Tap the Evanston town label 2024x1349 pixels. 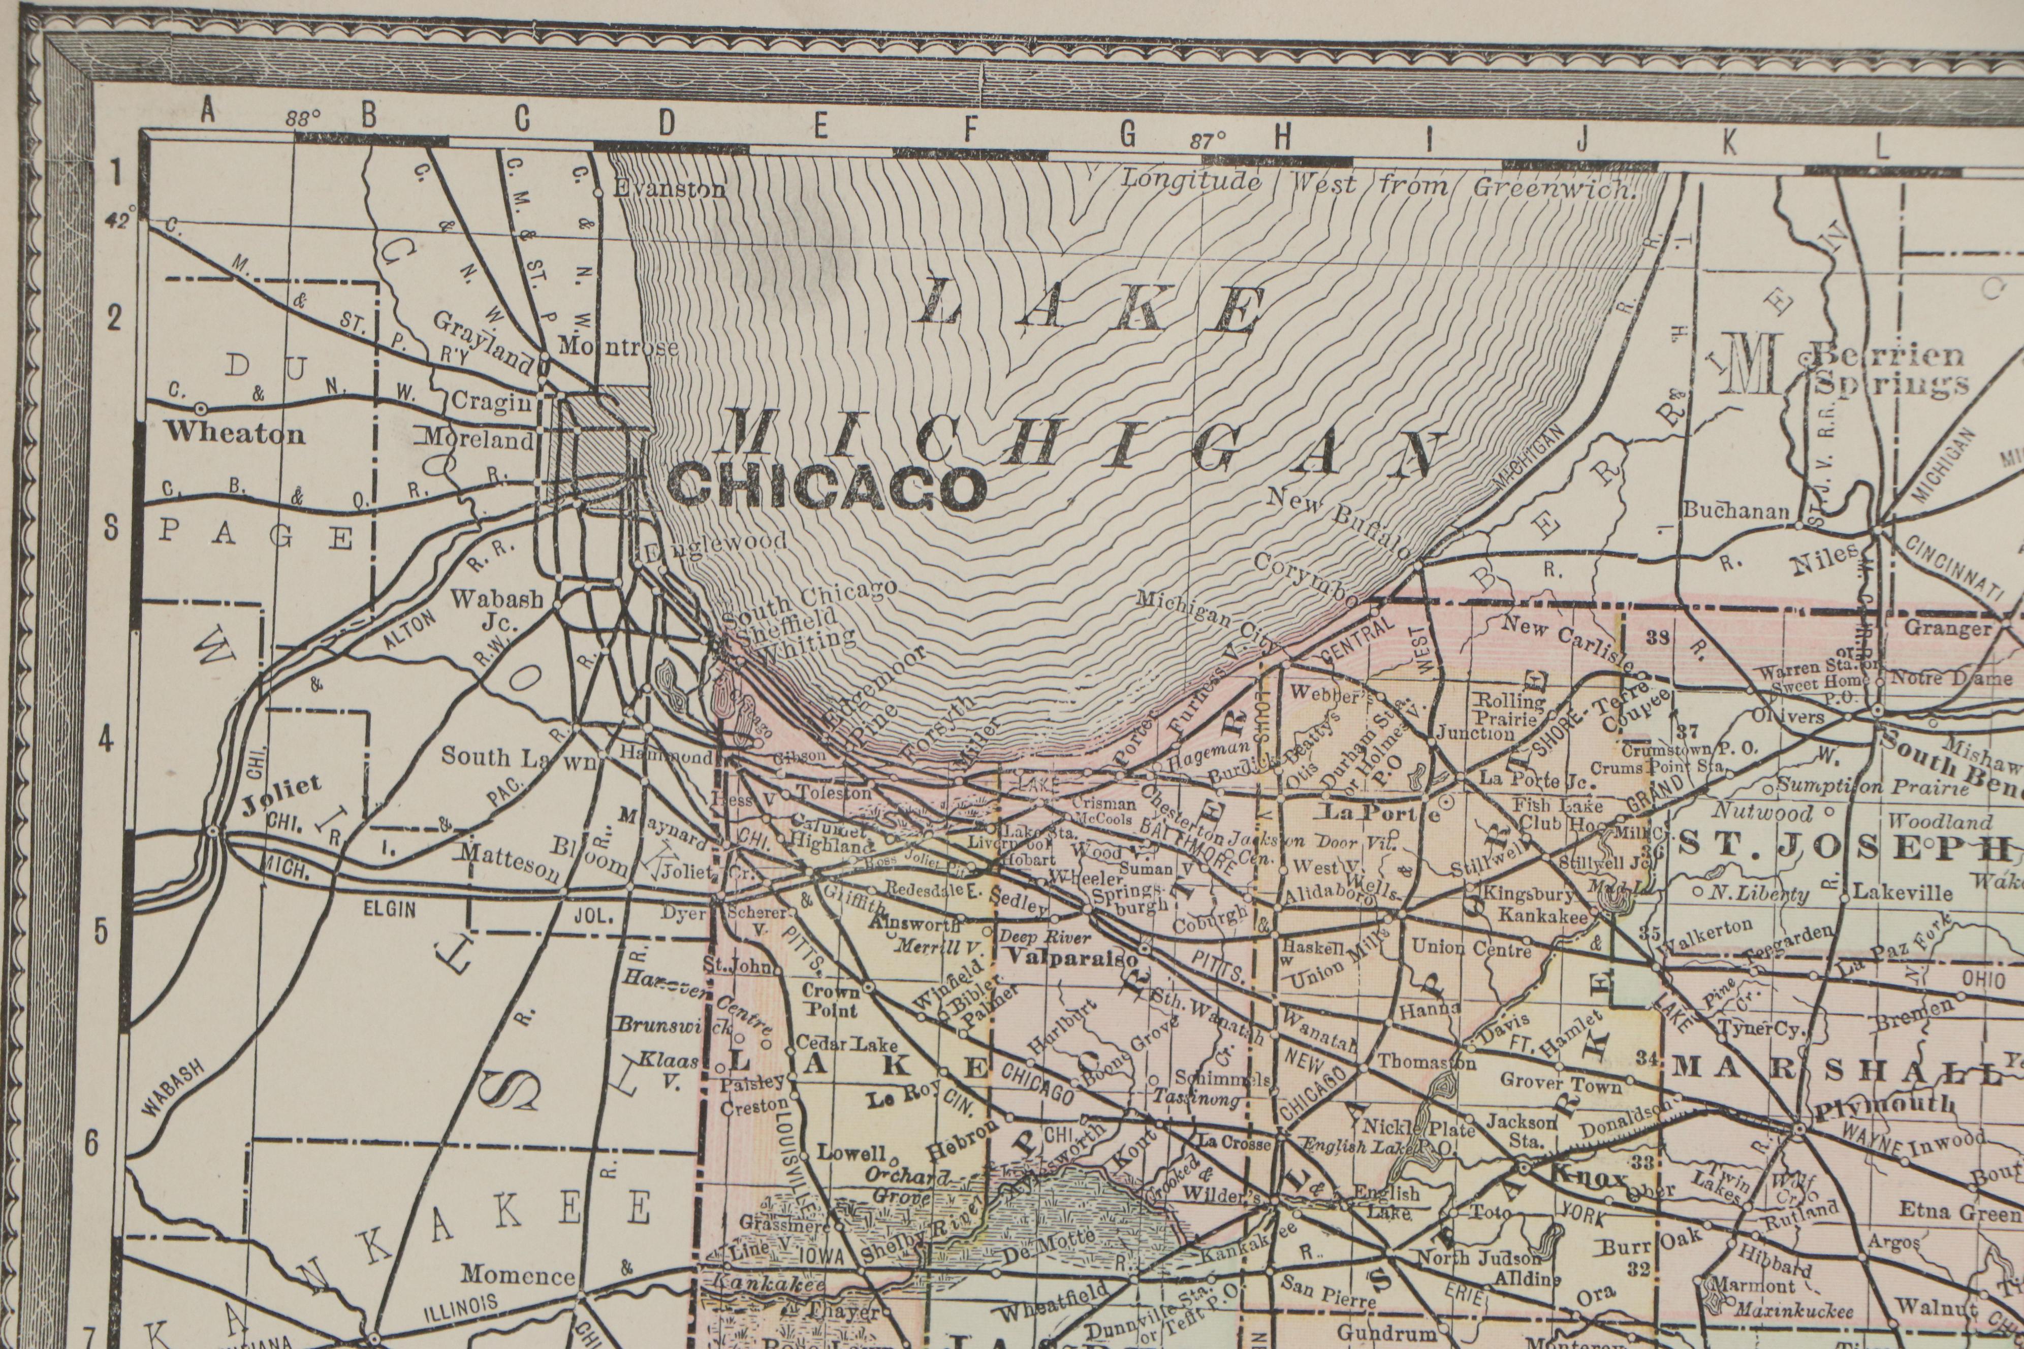point(669,189)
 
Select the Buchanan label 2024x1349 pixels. point(1736,510)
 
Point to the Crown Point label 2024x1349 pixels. point(831,1001)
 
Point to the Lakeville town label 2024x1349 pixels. point(1890,892)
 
